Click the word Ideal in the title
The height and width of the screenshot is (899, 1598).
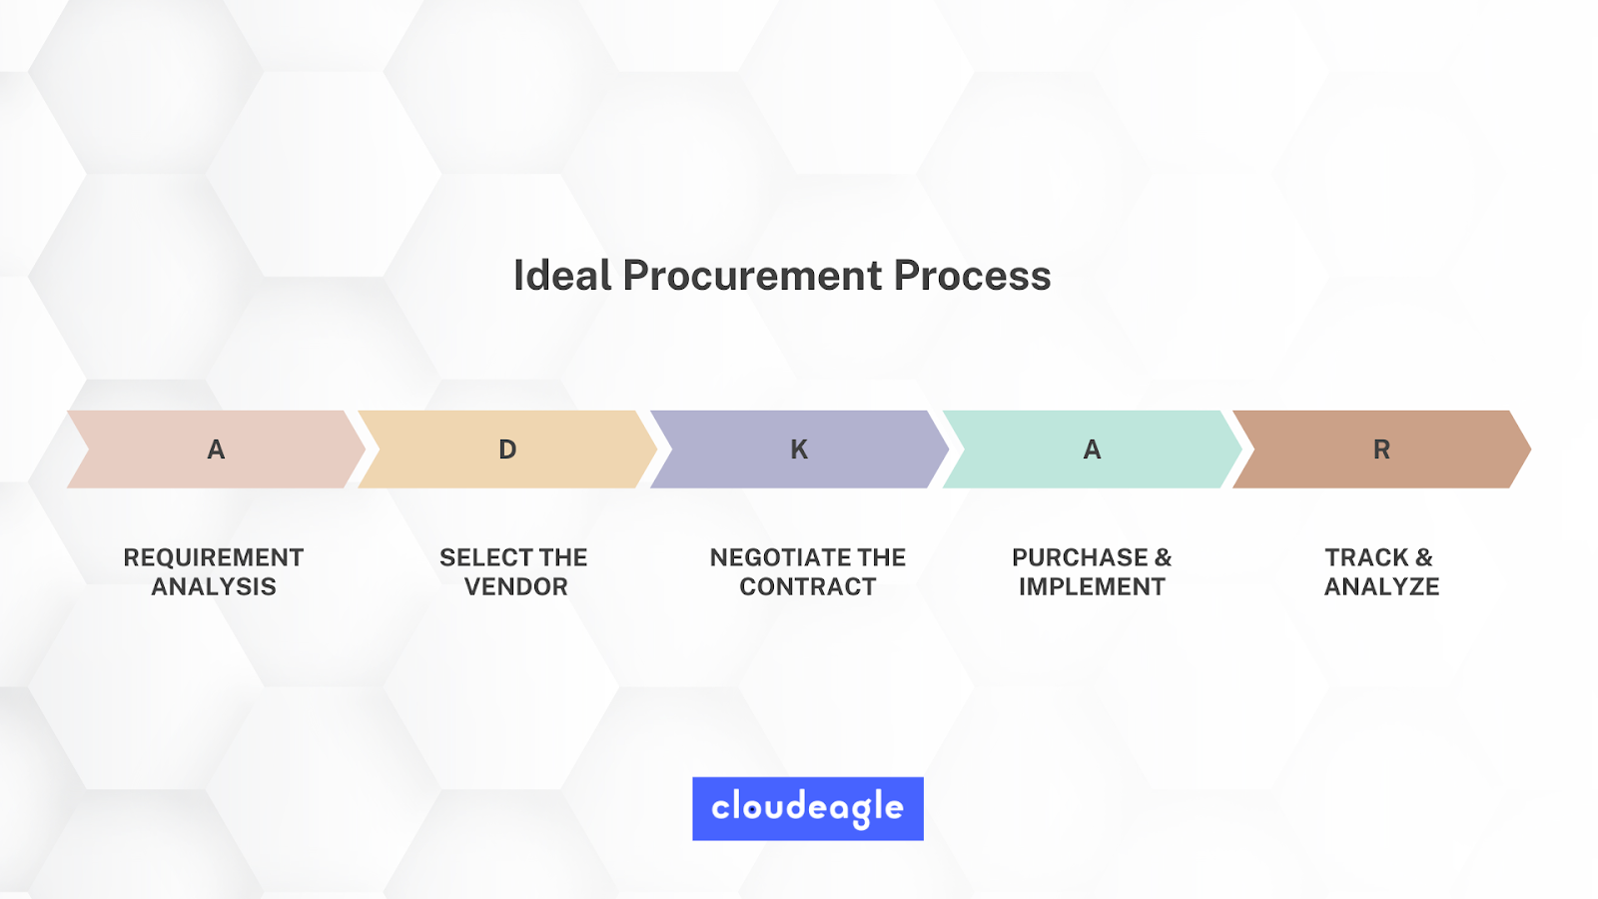pos(563,276)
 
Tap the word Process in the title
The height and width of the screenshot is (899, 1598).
pos(973,276)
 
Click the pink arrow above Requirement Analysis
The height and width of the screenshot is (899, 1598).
pos(216,449)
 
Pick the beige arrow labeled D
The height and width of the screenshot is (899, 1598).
pos(507,449)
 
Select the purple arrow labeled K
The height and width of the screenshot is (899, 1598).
pos(800,449)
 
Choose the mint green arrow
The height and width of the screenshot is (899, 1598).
pos(1093,449)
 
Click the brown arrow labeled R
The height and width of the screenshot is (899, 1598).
pos(1382,449)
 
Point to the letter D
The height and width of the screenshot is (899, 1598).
pos(507,449)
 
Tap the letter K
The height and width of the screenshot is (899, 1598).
pos(800,449)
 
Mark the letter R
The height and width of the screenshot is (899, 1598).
pos(1382,449)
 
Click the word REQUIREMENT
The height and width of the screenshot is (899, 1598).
pos(214,557)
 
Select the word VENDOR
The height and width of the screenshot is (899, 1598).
pos(515,586)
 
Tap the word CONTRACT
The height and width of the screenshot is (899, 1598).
pos(808,586)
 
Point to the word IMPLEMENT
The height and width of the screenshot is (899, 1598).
pos(1092,586)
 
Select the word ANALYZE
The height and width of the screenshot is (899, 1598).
pos(1382,586)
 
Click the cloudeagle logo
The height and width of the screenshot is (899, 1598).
pos(808,808)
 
